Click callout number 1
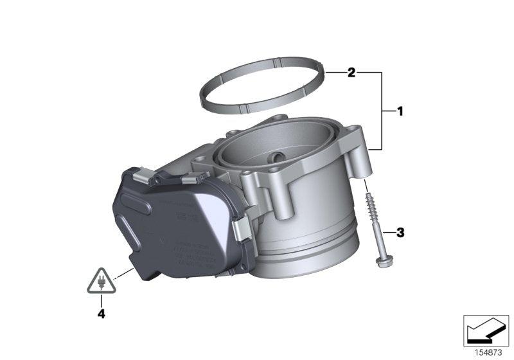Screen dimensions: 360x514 click(x=400, y=112)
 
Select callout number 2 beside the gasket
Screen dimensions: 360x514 click(x=351, y=73)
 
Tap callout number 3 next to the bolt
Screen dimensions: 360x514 click(x=400, y=232)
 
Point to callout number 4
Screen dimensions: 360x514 click(x=100, y=314)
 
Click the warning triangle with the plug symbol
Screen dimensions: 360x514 click(x=100, y=282)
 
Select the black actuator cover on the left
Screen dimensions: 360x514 click(x=173, y=225)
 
